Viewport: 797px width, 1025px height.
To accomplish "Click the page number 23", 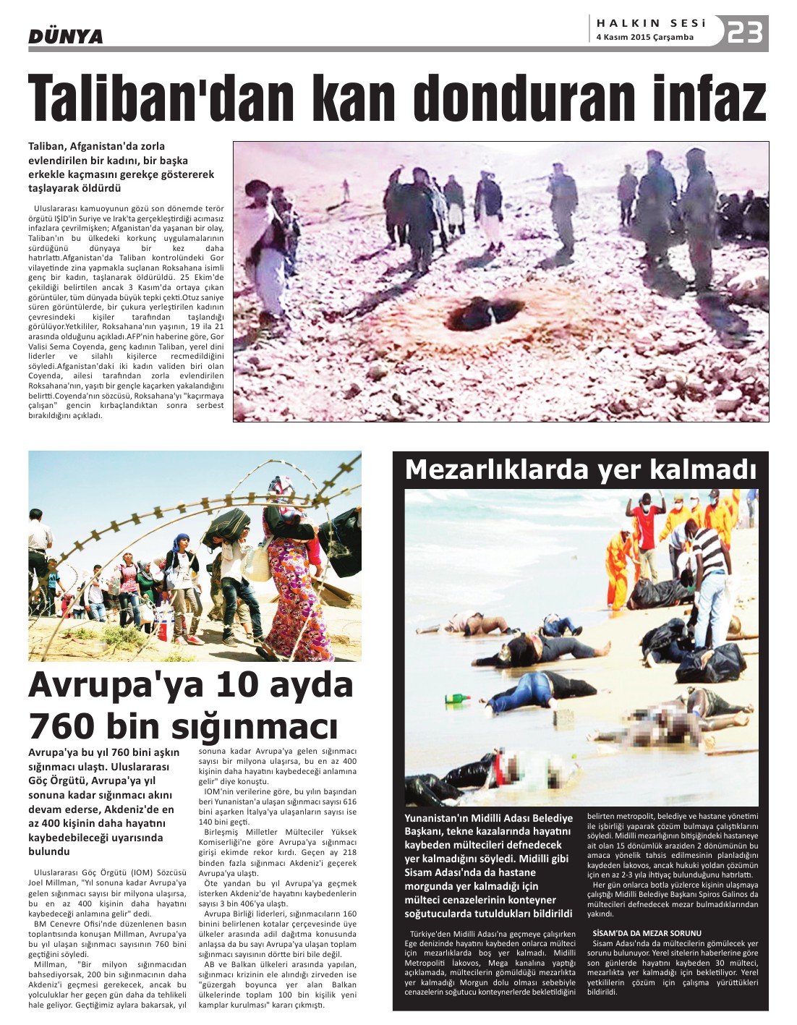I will (745, 33).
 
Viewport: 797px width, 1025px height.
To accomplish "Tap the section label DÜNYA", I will (65, 36).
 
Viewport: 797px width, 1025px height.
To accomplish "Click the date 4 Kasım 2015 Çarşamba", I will (644, 38).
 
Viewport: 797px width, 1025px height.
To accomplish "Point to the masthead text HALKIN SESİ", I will (651, 23).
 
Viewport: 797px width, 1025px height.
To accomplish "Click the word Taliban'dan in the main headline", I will (158, 98).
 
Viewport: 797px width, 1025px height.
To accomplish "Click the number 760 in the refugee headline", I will (63, 725).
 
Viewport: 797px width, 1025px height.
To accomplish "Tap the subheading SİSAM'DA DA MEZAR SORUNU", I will (637, 933).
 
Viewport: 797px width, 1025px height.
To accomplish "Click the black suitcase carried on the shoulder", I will (226, 527).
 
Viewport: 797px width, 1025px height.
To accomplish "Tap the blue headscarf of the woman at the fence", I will (182, 540).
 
